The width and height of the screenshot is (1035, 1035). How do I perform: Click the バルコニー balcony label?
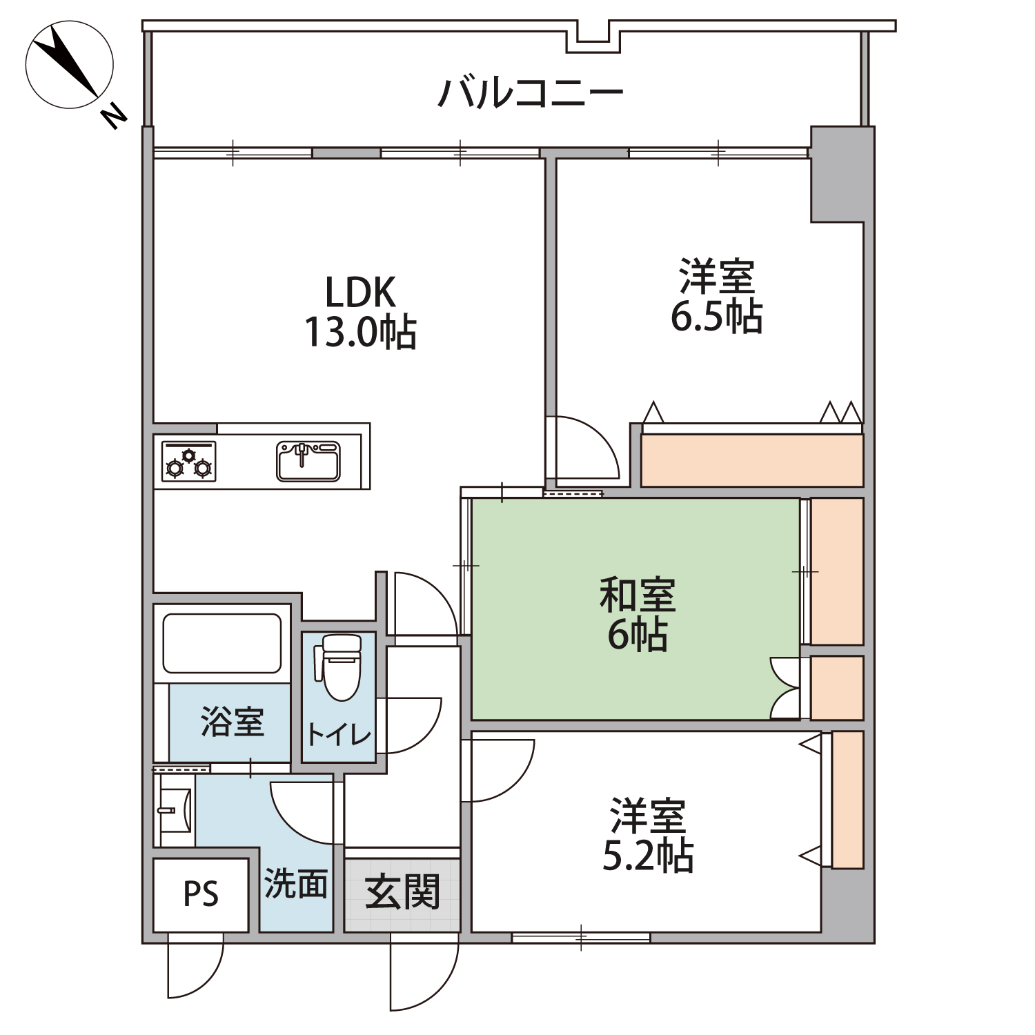point(531,93)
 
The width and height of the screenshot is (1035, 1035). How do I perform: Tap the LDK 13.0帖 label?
point(361,312)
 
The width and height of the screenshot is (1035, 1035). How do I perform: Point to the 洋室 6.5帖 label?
point(717,297)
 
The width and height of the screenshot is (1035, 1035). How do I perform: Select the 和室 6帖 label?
point(638,614)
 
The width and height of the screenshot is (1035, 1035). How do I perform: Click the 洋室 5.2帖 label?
point(648,836)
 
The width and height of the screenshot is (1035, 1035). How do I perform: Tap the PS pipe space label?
point(201,894)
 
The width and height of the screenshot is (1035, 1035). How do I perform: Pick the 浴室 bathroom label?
point(233,722)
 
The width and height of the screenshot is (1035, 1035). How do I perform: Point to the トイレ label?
point(339,734)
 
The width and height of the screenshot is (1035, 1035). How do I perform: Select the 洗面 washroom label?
point(296,883)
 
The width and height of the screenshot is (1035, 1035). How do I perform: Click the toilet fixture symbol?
point(339,667)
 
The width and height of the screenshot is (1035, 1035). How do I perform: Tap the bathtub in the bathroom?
point(222,644)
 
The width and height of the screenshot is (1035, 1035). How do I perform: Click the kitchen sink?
point(308,461)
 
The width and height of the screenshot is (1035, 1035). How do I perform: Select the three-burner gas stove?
point(188,461)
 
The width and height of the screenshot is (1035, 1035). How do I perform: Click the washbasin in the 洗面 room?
point(175,809)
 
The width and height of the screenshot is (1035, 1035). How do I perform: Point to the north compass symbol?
point(69,66)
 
